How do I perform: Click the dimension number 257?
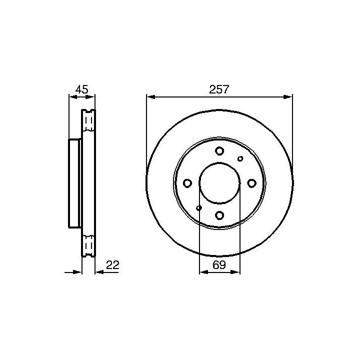tap(219, 89)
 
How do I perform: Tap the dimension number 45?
tap(82, 89)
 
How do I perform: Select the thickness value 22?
tap(112, 265)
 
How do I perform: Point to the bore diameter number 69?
tap(219, 265)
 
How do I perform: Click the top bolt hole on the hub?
tap(219, 151)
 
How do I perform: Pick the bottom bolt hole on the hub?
tap(219, 215)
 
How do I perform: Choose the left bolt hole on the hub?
tap(187, 183)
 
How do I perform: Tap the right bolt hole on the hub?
tap(251, 183)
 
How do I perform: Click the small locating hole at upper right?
tap(240, 158)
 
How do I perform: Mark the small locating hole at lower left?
tap(199, 208)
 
